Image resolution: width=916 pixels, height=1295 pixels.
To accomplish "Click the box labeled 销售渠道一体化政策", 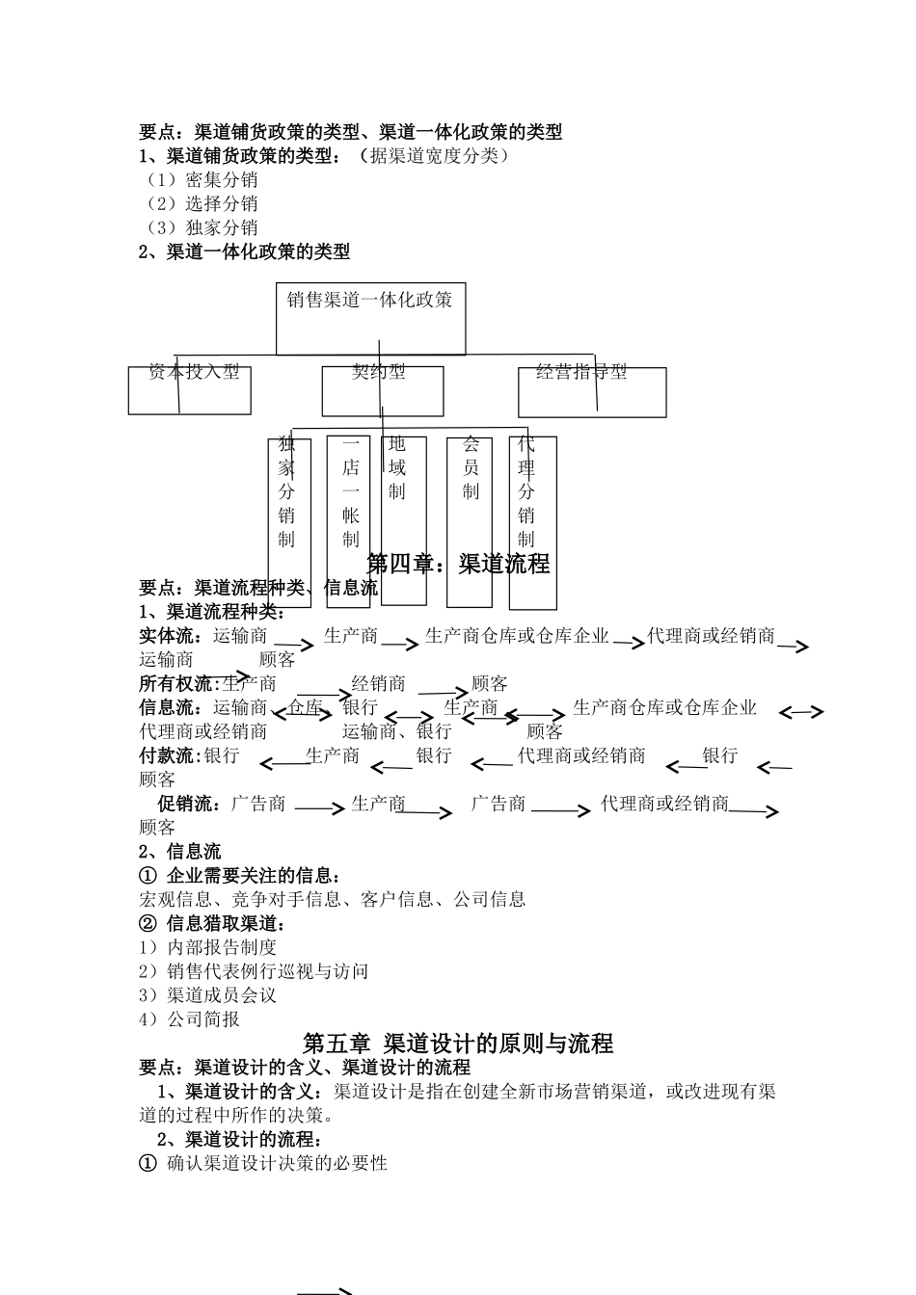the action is [370, 318].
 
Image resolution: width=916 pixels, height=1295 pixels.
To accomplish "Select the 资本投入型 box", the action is [190, 389].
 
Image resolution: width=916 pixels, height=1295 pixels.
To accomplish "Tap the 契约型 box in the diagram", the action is [383, 390].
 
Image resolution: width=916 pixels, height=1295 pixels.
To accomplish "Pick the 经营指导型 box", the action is [588, 391].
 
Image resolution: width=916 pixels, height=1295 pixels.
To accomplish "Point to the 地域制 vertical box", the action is [403, 520].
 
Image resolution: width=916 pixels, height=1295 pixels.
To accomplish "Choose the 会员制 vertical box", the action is [470, 520].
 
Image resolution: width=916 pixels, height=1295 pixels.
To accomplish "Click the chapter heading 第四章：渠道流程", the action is [459, 564].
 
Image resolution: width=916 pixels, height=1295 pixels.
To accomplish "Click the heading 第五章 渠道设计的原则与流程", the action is [458, 1044].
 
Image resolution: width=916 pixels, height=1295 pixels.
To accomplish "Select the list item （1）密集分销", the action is [200, 180].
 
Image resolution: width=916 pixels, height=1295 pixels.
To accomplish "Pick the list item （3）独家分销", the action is [200, 228].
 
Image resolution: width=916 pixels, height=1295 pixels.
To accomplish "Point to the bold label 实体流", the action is [171, 636].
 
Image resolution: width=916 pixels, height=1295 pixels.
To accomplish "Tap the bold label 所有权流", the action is [178, 684].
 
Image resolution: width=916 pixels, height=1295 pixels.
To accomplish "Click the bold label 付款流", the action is [171, 756].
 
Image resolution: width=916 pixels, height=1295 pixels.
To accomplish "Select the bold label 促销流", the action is [189, 804].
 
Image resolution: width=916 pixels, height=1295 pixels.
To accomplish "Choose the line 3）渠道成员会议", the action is [207, 995].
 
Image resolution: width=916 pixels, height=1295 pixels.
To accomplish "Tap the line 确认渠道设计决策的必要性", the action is [276, 1164].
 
